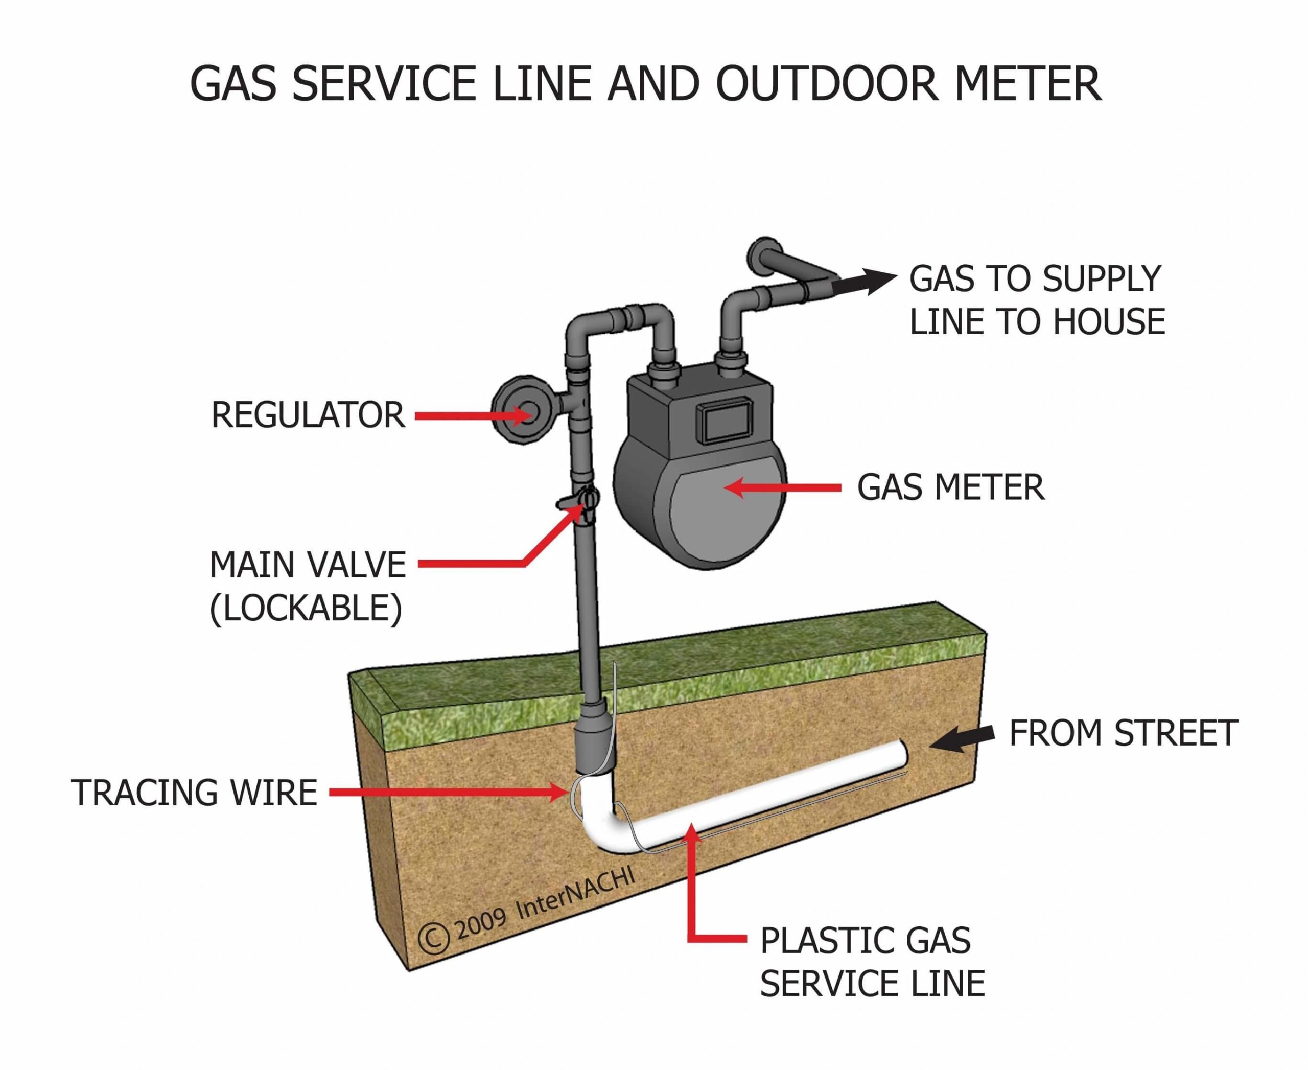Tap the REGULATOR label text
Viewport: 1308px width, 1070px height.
[308, 415]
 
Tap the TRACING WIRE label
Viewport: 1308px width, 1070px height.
[194, 793]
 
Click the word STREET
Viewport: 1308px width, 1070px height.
[1175, 733]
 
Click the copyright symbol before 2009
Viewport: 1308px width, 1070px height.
[433, 938]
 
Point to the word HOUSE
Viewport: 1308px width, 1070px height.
[1108, 322]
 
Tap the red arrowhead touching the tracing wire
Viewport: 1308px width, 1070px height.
[558, 793]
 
